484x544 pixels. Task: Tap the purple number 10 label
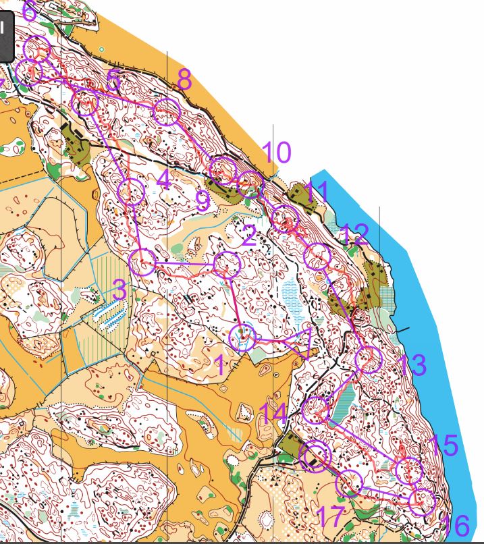tap(277, 153)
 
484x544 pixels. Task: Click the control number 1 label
tap(219, 366)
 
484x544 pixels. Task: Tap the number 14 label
tap(273, 413)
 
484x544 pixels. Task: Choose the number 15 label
tap(443, 445)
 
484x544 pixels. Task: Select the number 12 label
tap(354, 235)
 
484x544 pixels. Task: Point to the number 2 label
tap(248, 236)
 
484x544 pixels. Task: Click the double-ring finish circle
tap(314, 457)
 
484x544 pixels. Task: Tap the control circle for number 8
tap(167, 112)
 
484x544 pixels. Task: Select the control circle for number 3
tap(142, 261)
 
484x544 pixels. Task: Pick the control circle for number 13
tap(369, 360)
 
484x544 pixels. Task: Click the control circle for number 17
tap(350, 483)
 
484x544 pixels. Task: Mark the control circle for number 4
tap(132, 192)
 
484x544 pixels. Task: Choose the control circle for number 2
tap(227, 265)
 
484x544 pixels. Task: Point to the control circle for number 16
tap(422, 501)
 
